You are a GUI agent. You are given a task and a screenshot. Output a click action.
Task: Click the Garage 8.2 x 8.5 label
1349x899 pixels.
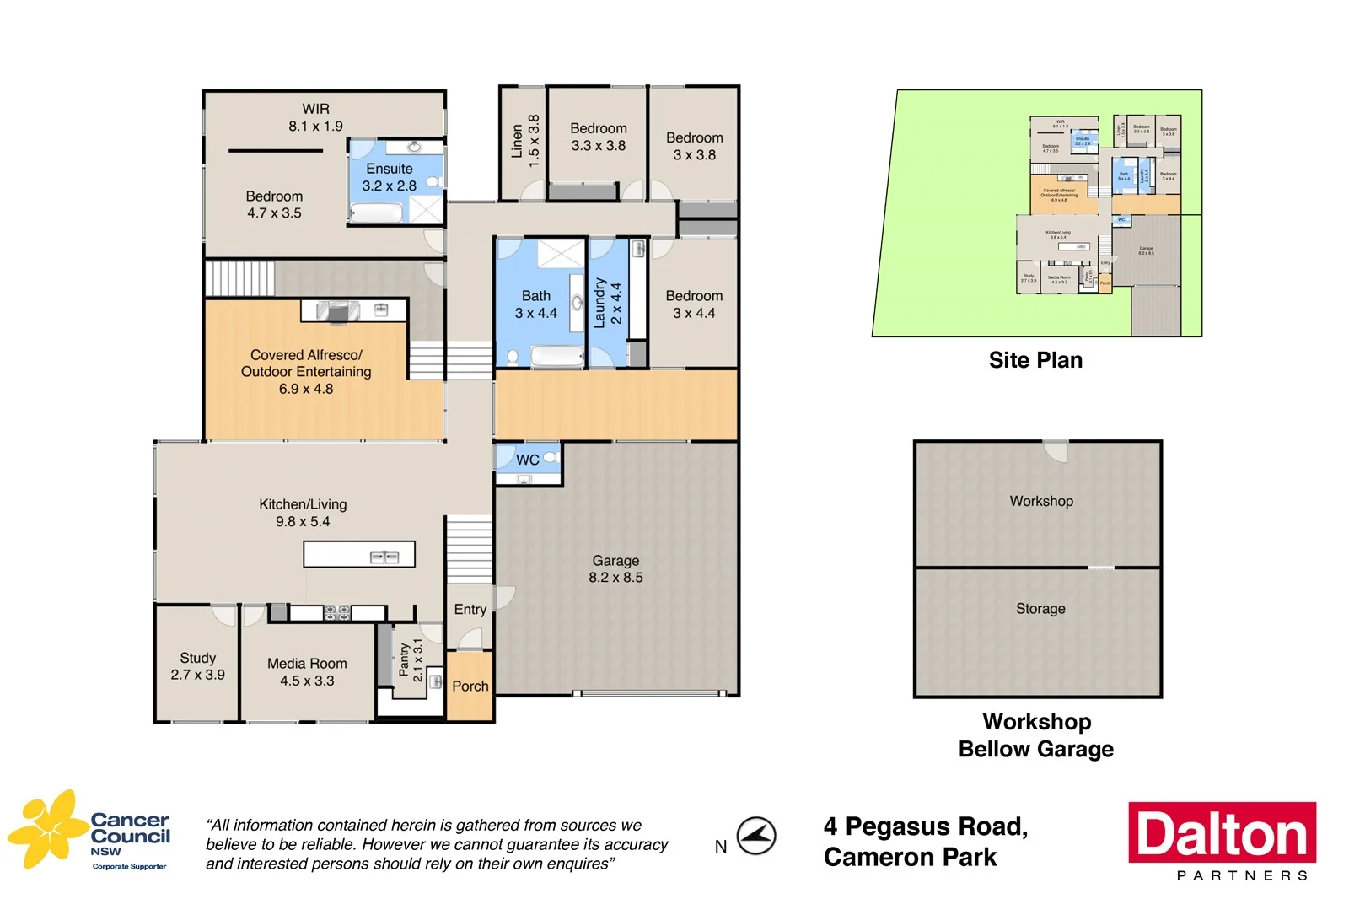615,569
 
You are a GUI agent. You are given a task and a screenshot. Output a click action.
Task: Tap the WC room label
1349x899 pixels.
528,460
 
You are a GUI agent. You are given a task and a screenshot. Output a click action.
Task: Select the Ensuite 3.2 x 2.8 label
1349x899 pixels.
389,177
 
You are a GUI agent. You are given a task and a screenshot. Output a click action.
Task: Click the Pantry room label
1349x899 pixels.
411,659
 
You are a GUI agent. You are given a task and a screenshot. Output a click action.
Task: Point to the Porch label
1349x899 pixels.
470,686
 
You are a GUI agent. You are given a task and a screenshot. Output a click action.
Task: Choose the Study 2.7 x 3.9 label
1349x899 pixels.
197,666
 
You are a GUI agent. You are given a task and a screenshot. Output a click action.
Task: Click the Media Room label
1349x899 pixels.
307,672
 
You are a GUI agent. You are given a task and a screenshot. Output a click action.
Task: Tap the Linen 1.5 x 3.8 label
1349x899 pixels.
524,141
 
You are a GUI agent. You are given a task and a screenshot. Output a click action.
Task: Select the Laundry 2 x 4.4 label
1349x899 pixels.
607,303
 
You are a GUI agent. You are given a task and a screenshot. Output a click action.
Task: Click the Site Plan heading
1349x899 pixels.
1035,360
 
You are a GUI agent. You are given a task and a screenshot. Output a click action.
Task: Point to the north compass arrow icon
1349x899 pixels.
756,837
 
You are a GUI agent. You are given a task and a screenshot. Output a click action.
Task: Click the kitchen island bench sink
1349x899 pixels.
384,557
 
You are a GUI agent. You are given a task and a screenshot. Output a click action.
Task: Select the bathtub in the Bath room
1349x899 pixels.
557,357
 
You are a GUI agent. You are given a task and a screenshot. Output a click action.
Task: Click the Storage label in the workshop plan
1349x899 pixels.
1040,609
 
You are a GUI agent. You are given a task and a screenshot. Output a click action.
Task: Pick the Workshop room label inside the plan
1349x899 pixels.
1041,501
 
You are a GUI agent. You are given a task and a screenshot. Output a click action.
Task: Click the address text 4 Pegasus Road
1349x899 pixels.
925,826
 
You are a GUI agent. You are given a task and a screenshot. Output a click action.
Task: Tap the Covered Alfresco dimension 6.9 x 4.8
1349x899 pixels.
306,389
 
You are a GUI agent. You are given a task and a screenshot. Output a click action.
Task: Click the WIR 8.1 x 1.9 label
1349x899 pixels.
315,117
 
